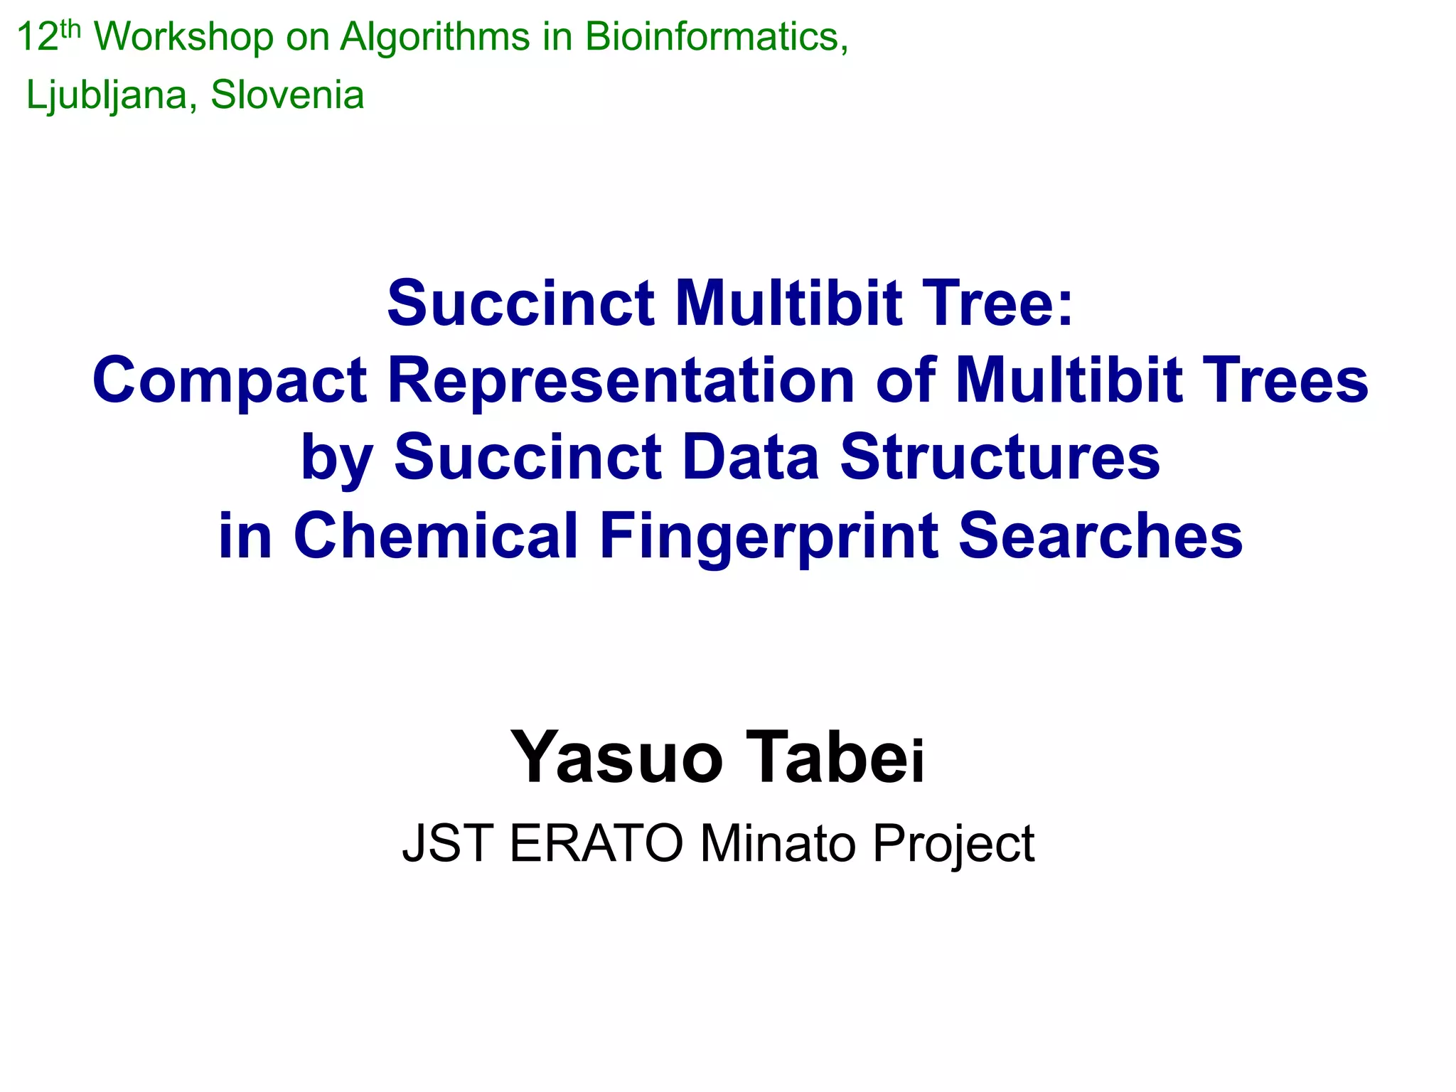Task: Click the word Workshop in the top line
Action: pyautogui.click(x=183, y=37)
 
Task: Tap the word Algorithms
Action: pyautogui.click(x=434, y=37)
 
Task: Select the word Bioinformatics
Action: pyautogui.click(x=716, y=37)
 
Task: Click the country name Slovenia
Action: pyautogui.click(x=287, y=95)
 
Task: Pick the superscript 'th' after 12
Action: pyautogui.click(x=71, y=28)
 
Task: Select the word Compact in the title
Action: pyautogui.click(x=229, y=381)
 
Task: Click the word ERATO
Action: pyautogui.click(x=596, y=844)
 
